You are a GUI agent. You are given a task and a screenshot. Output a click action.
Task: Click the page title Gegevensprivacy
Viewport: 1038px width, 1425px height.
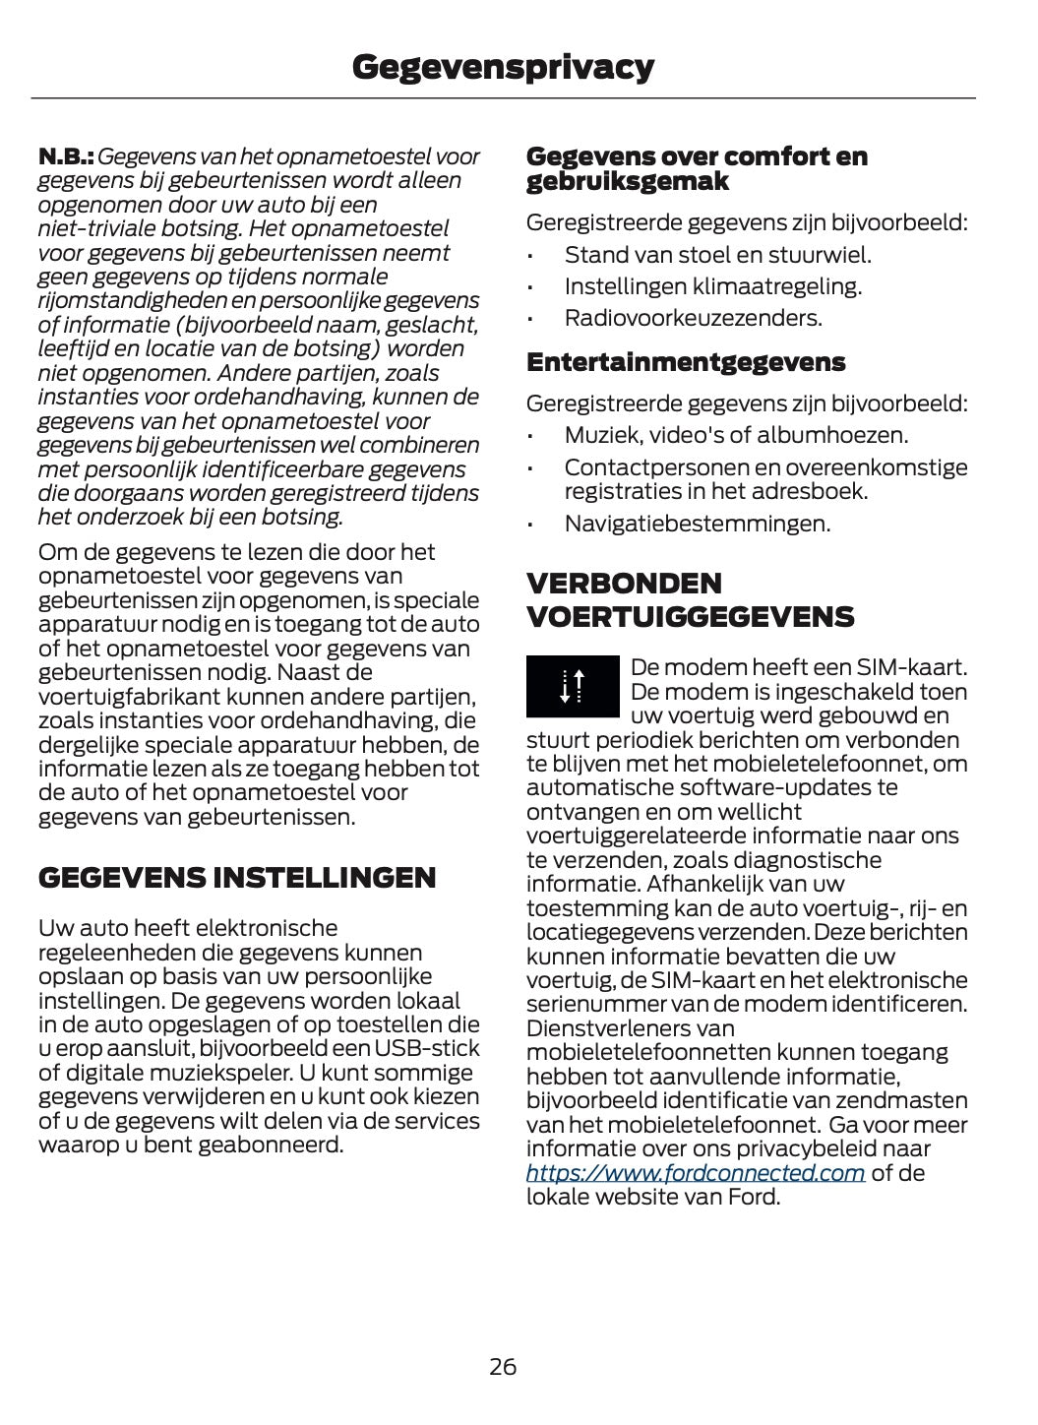503,67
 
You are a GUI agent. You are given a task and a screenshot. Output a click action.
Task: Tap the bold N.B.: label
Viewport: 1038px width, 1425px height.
66,156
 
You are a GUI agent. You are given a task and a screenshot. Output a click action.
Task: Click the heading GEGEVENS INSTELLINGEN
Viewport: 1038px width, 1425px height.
237,877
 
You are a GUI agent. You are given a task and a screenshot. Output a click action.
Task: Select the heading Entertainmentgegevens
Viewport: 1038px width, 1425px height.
686,362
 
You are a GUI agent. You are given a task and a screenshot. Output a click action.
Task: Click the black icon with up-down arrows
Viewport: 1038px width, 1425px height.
573,685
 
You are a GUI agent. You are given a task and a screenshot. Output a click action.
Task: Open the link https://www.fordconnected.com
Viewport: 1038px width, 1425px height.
695,1173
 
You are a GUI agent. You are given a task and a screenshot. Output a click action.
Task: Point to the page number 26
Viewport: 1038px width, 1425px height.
503,1367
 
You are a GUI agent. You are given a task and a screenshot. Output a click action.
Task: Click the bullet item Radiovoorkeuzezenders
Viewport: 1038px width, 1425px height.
693,318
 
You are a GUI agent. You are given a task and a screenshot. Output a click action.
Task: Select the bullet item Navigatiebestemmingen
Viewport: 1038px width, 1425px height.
697,524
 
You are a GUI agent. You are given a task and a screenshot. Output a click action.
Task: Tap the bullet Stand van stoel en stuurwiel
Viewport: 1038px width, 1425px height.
717,255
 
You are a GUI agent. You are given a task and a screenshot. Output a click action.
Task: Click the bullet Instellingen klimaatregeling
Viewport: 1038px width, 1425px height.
712,286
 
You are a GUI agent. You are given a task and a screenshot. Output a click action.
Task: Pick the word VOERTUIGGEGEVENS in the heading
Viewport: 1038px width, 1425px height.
690,617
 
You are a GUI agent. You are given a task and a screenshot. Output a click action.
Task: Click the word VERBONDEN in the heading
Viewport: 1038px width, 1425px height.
624,583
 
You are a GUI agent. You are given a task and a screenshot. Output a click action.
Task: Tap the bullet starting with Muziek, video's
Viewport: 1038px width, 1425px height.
736,435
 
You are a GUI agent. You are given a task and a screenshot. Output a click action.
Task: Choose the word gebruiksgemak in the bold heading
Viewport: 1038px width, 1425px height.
627,181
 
